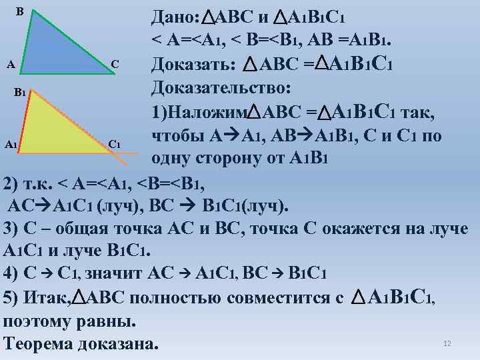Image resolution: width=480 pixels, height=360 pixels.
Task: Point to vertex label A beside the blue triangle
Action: coord(9,65)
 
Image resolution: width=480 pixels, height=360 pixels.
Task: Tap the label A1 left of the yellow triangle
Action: coord(10,144)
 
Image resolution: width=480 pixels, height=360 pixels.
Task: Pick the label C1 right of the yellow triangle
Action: coord(114,144)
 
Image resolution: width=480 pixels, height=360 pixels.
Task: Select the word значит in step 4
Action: coord(118,274)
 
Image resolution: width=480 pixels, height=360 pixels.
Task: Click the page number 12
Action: coord(447,343)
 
